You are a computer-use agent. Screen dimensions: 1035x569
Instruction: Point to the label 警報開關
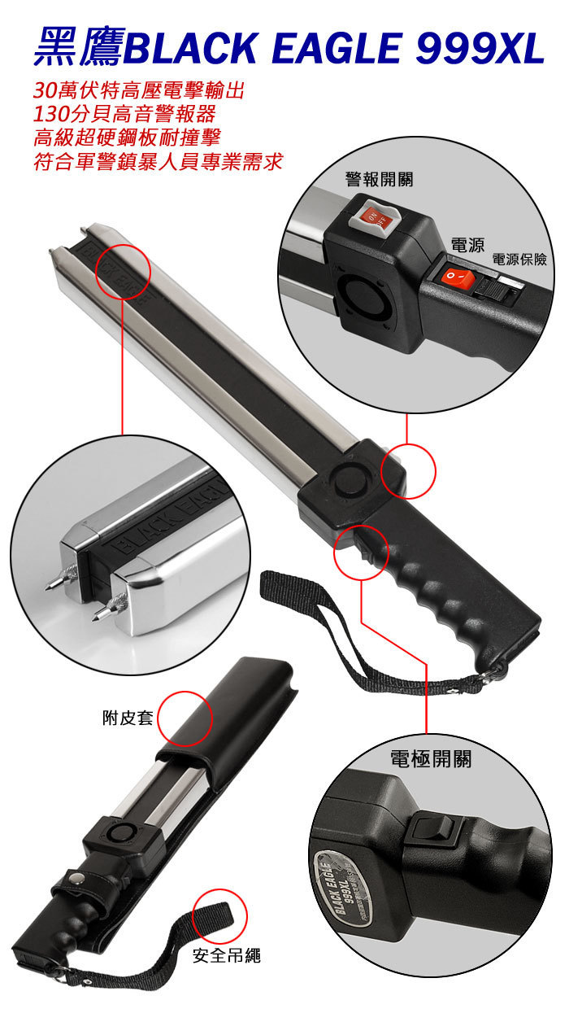(x=378, y=178)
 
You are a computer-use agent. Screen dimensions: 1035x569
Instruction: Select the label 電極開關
(x=430, y=759)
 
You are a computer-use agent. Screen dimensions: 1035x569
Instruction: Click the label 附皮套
(x=128, y=718)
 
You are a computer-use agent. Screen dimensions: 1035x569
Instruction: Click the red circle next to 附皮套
(x=184, y=719)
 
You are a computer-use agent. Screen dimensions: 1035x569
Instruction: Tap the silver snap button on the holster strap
(x=76, y=878)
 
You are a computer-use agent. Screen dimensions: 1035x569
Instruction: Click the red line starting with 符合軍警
(x=158, y=160)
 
